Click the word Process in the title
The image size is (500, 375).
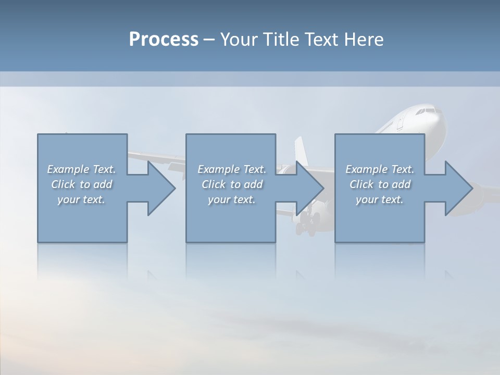point(164,40)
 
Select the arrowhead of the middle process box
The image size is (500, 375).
point(309,188)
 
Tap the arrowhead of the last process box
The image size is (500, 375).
point(458,188)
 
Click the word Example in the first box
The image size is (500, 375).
point(68,169)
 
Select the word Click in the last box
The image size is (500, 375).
point(362,184)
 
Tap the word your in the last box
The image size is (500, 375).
point(367,199)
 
